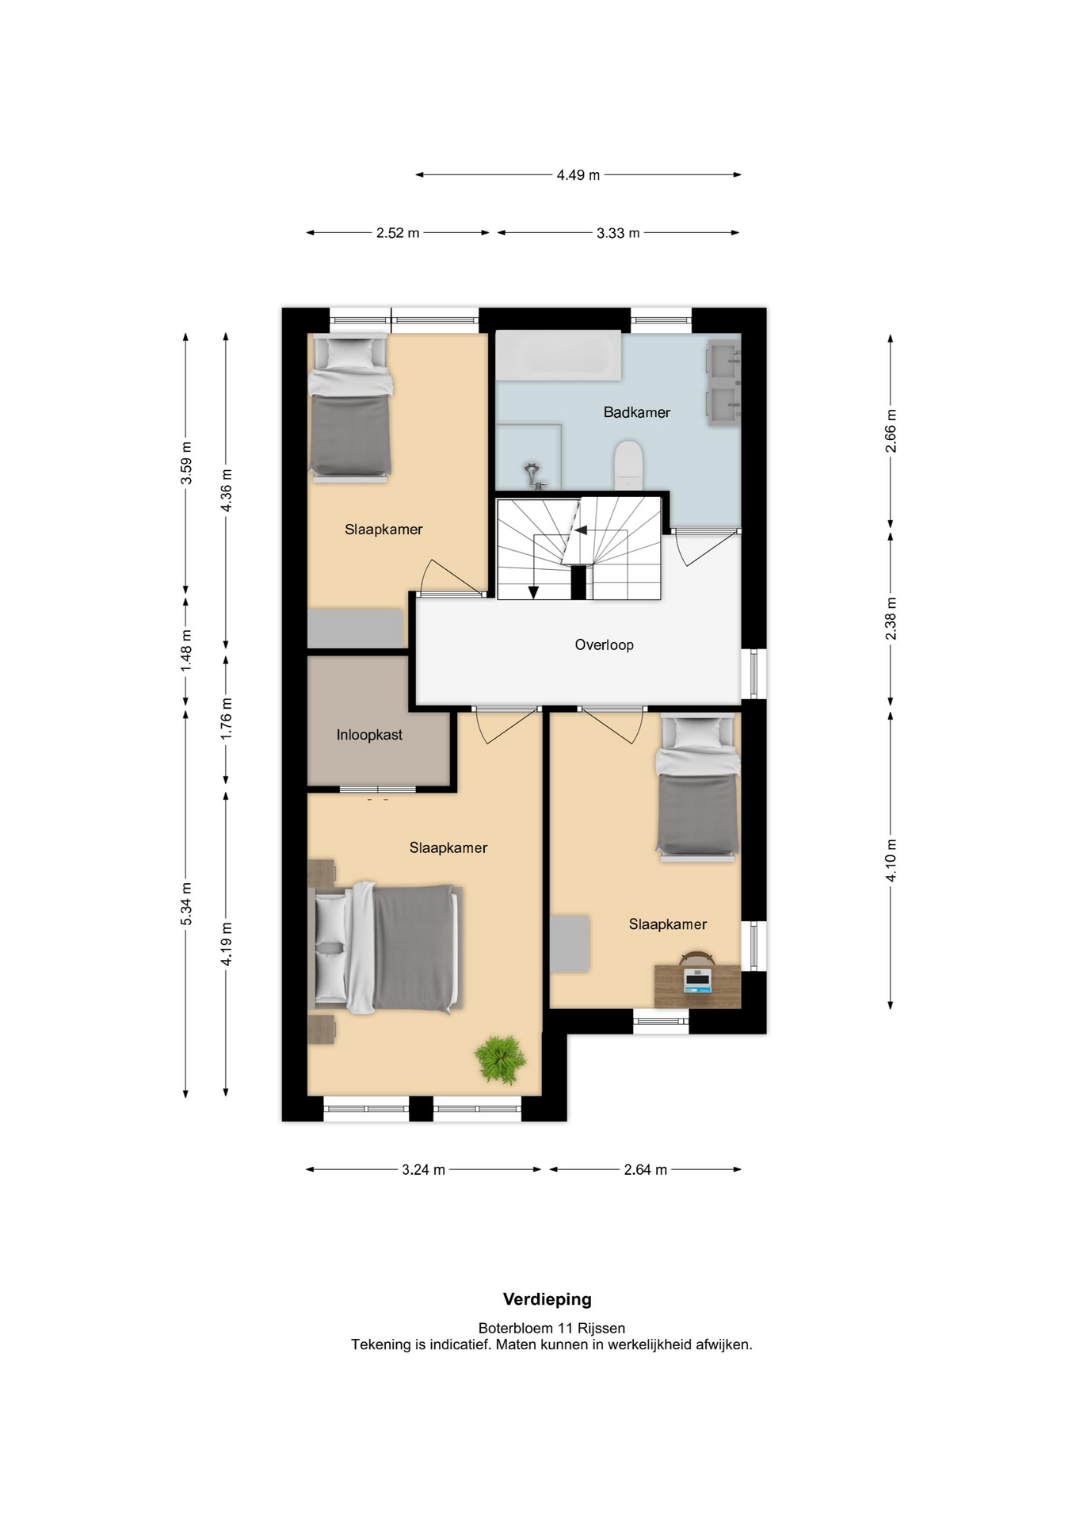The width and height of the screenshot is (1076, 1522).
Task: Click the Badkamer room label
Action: coord(636,412)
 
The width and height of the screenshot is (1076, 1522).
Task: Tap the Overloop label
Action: coord(604,645)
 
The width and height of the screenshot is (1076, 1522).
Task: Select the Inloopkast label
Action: coord(369,735)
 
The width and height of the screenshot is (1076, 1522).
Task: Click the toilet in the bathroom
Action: coord(628,465)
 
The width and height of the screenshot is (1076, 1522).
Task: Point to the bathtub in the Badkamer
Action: coord(559,355)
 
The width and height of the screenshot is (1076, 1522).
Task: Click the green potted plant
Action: coord(500,1059)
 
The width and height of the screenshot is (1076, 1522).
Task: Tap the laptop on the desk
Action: coord(697,981)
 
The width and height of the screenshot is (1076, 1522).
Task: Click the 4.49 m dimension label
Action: coord(578,175)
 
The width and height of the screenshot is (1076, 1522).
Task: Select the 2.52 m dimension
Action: coord(398,233)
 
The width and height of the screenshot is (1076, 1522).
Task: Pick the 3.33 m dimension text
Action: coord(618,233)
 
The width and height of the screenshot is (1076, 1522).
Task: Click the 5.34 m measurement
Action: coord(186,904)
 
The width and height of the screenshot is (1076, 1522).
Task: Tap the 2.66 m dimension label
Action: coord(891,431)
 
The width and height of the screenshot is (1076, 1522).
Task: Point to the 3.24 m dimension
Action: coord(423,1169)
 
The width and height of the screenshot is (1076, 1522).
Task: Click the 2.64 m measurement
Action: coord(645,1169)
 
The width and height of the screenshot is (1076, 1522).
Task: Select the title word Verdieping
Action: coord(548,1299)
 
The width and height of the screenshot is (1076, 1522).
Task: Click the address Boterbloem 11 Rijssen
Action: coord(551,1328)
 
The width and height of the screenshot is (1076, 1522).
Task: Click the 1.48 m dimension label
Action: coord(186,651)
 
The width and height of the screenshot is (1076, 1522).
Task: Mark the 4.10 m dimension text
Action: coord(891,860)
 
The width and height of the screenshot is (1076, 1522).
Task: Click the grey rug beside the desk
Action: coord(570,943)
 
